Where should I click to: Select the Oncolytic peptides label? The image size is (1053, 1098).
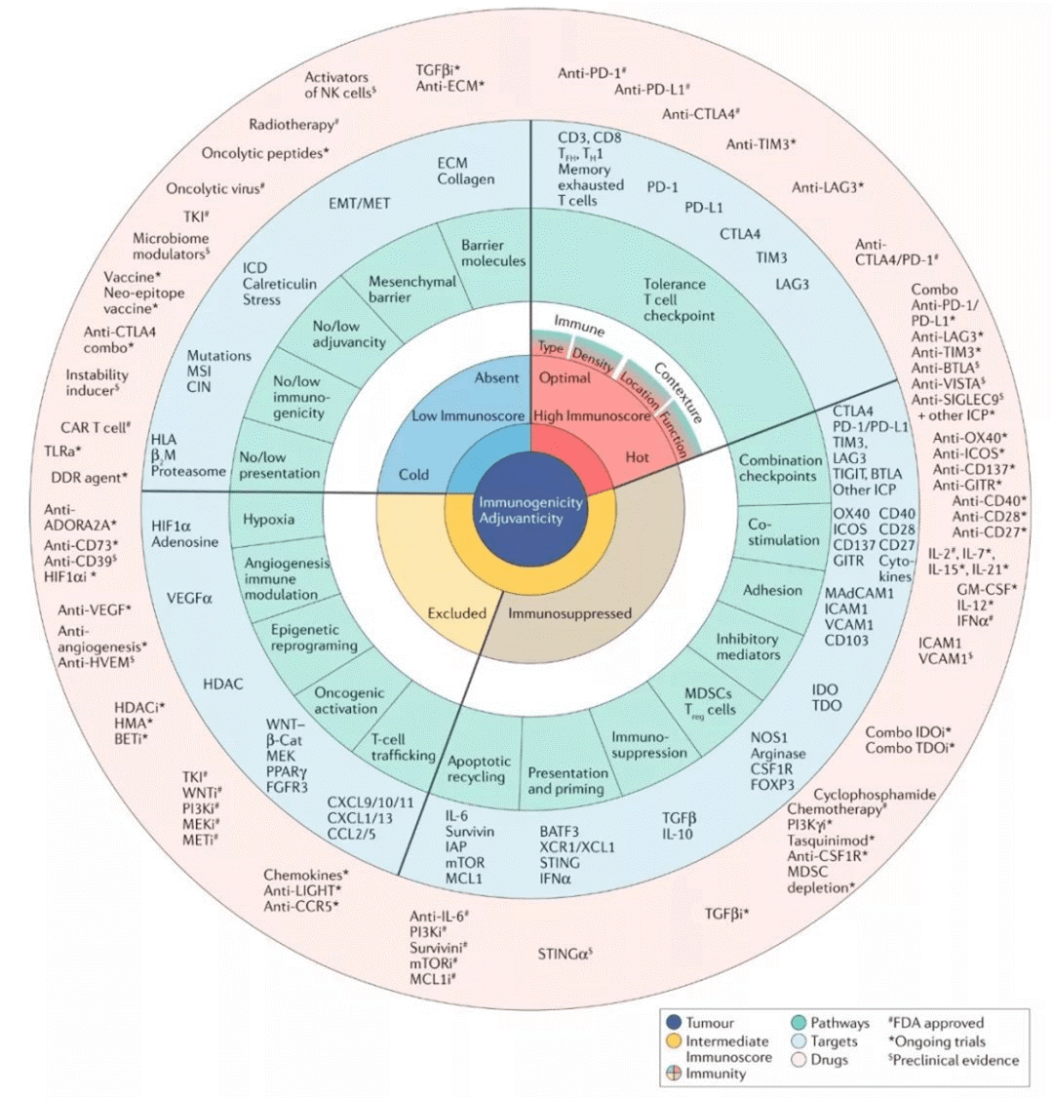point(264,153)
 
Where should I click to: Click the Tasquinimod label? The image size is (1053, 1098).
point(831,840)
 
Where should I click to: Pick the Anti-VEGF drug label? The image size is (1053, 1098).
point(94,610)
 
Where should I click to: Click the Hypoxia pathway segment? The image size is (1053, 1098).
point(268,519)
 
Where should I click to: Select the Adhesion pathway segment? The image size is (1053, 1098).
point(772,590)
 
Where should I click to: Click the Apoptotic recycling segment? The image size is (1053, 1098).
point(477,768)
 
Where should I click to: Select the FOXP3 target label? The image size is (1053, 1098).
point(772,784)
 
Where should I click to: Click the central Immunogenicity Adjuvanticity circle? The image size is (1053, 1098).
point(530,510)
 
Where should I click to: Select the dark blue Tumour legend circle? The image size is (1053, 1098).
point(671,1023)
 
